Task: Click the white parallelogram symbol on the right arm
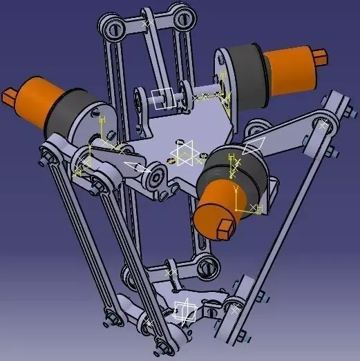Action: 254,146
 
